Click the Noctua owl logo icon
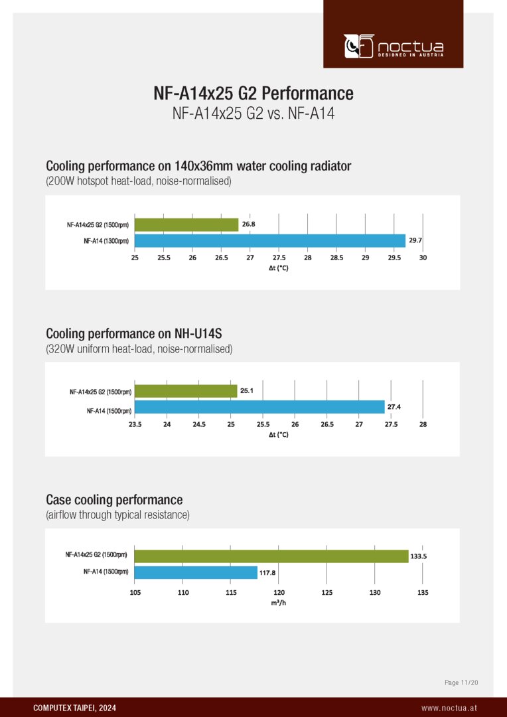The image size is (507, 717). point(359,46)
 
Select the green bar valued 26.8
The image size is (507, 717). point(186,225)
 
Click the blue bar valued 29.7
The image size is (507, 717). point(269,240)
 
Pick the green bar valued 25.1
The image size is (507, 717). point(186,391)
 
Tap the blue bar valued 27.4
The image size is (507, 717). point(259,407)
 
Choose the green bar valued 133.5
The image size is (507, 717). point(271,556)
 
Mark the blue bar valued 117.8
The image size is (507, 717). point(196,572)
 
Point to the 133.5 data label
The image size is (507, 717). point(419,557)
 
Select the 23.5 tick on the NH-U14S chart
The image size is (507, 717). point(135,424)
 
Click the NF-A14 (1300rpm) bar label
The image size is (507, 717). point(106,241)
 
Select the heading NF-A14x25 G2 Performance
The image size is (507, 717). point(253,93)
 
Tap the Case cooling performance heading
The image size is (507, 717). point(114,499)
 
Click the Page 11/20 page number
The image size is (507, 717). point(461,682)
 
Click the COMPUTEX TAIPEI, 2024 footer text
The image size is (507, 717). point(74,708)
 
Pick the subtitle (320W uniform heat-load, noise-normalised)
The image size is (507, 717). point(139,349)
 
